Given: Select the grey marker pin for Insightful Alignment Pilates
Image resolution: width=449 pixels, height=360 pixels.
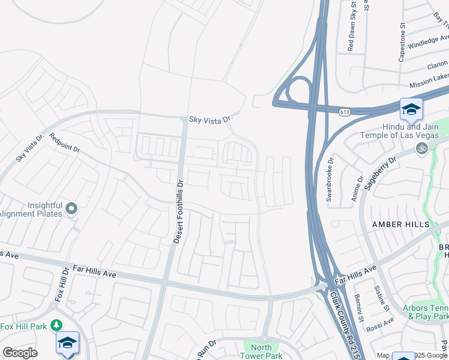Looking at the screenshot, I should [x=71, y=209].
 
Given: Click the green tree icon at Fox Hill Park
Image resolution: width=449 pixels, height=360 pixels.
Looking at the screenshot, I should [x=56, y=325].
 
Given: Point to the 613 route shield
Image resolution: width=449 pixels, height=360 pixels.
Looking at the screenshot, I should [x=345, y=112].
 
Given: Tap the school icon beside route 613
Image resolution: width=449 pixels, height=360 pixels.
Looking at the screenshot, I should [x=411, y=109].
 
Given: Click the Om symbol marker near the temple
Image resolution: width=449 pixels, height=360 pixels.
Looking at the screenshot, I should [x=421, y=148].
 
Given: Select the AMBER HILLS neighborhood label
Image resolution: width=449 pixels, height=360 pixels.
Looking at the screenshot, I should [x=401, y=224].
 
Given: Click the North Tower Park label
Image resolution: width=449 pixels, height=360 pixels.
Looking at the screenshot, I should [x=262, y=352].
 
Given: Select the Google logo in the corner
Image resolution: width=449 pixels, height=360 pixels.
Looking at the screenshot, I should [x=20, y=353].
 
